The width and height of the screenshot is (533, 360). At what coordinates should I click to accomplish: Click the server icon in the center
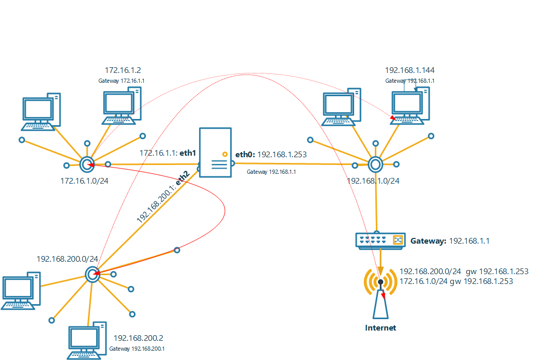[x=215, y=153]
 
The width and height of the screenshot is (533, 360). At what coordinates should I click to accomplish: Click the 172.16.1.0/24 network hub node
[x=87, y=164]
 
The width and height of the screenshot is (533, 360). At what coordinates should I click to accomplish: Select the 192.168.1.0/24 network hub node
[x=375, y=164]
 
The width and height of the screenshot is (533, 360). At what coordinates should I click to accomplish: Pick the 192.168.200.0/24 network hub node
[x=93, y=275]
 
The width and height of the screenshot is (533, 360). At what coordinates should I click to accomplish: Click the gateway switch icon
[x=380, y=240]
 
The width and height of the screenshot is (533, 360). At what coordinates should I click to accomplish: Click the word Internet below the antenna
[x=380, y=328]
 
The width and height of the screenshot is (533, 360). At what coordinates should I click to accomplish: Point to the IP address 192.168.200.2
[x=138, y=338]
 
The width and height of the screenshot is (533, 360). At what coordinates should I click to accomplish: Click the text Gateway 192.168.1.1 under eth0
[x=271, y=172]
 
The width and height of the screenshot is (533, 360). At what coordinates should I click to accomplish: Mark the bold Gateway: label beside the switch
[x=428, y=241]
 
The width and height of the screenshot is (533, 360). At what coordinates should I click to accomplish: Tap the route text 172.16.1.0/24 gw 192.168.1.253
[x=456, y=281]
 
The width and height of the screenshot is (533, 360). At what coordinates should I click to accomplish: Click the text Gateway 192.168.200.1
[x=137, y=349]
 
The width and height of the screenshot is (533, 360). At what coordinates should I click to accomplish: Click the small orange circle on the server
[x=224, y=154]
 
